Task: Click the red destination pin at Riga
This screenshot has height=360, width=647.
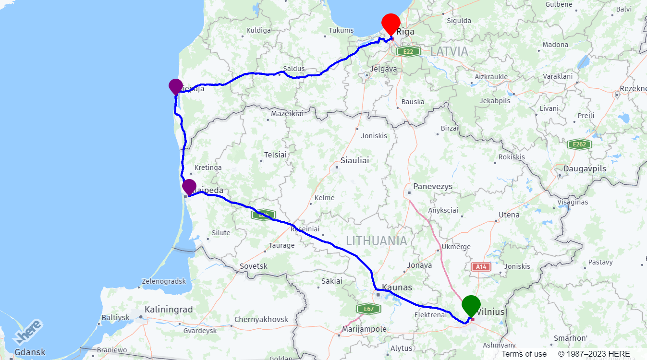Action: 391,23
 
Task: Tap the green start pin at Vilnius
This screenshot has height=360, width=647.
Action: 471,305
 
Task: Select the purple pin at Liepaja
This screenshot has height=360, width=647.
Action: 176,86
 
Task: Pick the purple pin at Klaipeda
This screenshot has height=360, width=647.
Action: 189,187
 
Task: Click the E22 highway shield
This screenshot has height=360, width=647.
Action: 408,51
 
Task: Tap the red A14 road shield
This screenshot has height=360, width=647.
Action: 481,267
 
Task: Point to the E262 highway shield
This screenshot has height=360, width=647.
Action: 578,144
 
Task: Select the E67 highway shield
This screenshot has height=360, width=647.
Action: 368,309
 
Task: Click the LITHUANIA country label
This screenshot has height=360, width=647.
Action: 376,241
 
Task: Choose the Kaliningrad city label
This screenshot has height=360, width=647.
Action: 169,310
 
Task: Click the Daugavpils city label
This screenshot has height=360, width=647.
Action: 585,169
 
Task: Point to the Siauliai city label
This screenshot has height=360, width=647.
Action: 354,160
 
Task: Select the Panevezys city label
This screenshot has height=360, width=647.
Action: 433,186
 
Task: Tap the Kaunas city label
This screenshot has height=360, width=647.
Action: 397,288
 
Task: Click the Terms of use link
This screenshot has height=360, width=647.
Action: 524,354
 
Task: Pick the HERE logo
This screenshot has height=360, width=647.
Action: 27,332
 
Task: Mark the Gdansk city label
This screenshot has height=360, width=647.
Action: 30,352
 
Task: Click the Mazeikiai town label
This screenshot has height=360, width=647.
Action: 287,114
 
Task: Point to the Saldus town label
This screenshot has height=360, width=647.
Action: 294,69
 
